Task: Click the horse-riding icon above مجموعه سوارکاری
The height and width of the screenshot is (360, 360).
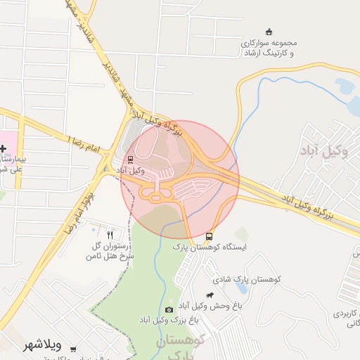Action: (x=268, y=32)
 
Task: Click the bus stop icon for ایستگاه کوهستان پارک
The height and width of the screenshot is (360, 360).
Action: (x=210, y=236)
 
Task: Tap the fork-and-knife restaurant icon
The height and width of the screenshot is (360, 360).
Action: (x=110, y=233)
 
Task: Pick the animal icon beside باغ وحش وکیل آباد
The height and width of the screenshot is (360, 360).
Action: (x=210, y=295)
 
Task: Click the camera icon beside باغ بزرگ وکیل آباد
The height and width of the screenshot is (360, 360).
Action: (x=169, y=309)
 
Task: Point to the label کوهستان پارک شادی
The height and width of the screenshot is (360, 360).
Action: (x=252, y=280)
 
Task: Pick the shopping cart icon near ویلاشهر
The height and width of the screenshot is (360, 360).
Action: (x=72, y=349)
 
